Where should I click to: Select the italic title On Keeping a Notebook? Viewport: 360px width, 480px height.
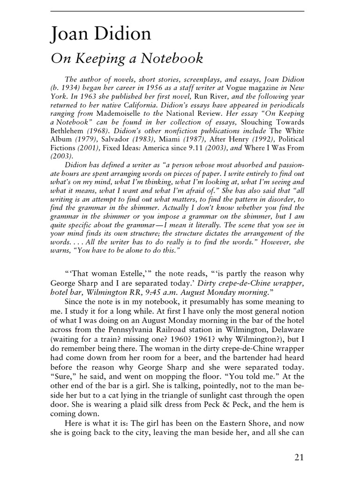[127, 59]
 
